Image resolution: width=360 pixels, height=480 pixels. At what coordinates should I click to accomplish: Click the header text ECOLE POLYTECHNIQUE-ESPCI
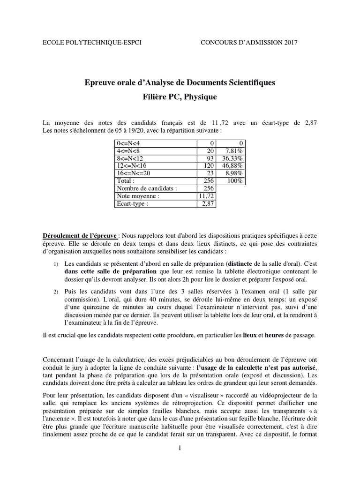click(x=92, y=43)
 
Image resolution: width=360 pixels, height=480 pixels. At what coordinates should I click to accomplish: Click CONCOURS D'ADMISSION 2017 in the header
click(x=249, y=43)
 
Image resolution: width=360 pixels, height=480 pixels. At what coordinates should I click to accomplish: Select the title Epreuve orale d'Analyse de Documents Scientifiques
click(x=180, y=82)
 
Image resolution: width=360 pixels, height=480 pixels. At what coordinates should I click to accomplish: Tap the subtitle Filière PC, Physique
click(x=180, y=97)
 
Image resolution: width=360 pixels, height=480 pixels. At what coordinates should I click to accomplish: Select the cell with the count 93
click(x=210, y=158)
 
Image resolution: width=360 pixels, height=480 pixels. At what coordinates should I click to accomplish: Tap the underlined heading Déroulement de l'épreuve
click(x=79, y=235)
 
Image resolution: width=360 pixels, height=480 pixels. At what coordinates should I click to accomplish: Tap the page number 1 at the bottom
click(x=180, y=448)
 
